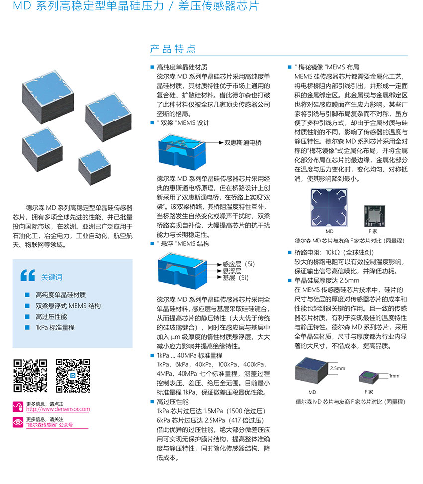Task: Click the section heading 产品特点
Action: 173,49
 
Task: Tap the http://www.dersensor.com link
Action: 58,409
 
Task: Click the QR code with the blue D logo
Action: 73,375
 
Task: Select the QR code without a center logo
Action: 30,375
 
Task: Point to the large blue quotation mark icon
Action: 28,276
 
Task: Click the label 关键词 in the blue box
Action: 52,277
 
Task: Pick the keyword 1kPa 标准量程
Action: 55,327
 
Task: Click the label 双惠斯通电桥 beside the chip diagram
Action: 243,142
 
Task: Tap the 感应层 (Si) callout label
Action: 239,264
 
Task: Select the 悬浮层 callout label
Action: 232,271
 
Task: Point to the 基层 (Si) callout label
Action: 236,277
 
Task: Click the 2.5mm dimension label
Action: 338,368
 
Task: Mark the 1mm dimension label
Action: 394,376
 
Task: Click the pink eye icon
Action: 18,422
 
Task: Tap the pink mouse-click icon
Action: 18,407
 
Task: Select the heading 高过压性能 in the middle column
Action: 173,401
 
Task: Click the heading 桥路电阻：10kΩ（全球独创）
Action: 334,252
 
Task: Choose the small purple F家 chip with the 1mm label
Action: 368,377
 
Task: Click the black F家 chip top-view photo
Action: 375,216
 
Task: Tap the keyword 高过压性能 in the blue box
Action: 51,316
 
